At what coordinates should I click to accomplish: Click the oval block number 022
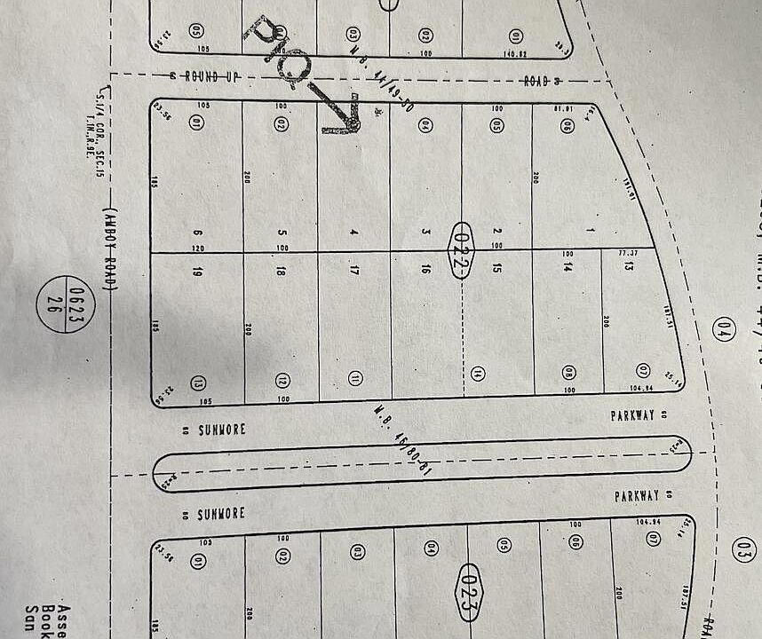(484, 251)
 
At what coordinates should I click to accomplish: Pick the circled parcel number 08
(568, 373)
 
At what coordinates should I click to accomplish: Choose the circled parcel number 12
(282, 381)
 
